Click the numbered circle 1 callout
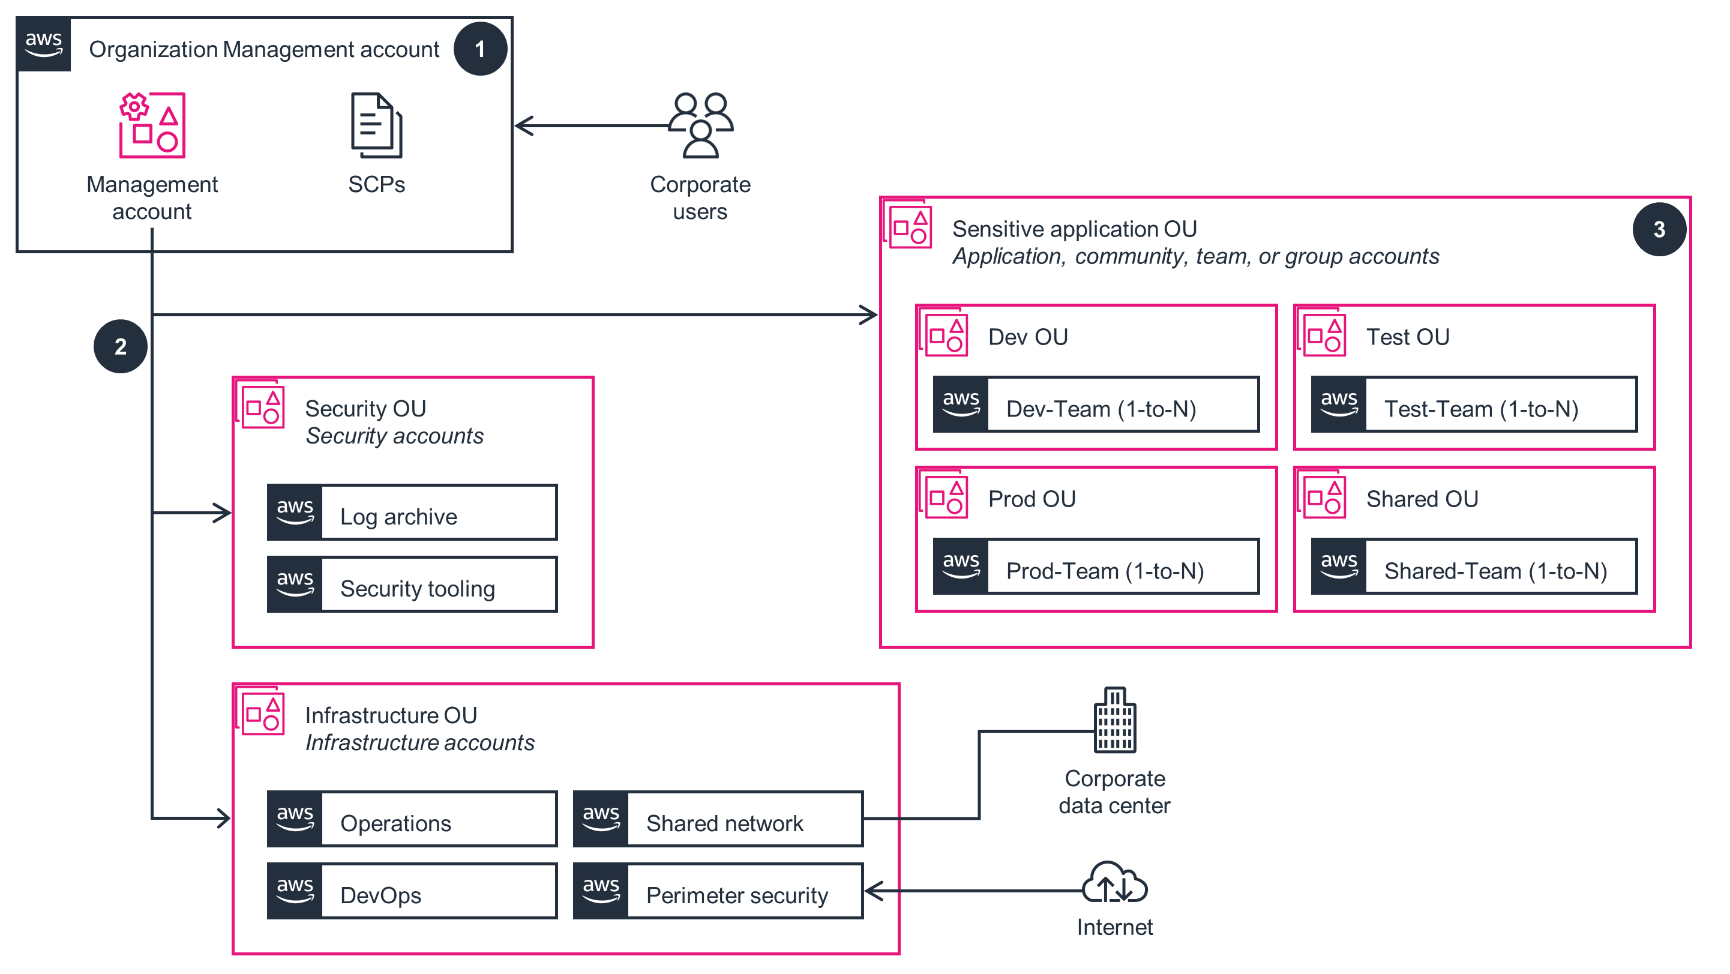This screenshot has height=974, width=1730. (479, 49)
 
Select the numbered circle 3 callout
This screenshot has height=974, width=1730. (1658, 230)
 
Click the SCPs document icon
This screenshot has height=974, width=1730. (376, 125)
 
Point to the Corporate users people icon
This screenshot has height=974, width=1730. (700, 125)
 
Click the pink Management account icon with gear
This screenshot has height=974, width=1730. (152, 125)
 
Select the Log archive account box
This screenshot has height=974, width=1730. (412, 513)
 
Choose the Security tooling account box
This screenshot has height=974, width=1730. (412, 585)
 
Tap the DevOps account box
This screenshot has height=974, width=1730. (412, 891)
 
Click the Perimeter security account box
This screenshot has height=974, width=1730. (717, 891)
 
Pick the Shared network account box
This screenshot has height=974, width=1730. (717, 819)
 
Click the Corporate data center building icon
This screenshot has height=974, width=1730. (1114, 720)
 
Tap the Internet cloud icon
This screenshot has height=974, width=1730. (1114, 883)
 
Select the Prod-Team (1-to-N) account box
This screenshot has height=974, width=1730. (1095, 567)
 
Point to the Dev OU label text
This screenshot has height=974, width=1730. (1027, 337)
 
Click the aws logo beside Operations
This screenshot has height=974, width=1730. (295, 819)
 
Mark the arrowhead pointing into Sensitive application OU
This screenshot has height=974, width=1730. (870, 314)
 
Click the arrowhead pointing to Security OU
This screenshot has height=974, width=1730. (224, 513)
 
